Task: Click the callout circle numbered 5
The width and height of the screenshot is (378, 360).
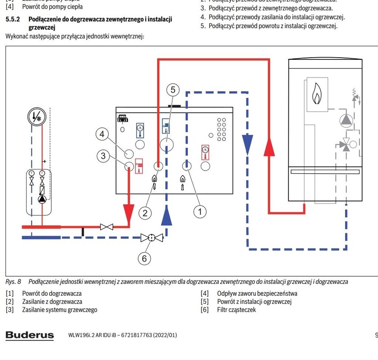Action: click(173, 90)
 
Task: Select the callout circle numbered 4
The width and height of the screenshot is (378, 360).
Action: click(103, 134)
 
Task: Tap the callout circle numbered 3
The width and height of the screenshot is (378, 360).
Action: click(104, 156)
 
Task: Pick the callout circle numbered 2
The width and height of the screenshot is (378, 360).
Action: click(145, 212)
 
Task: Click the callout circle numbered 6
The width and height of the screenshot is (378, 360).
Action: click(144, 258)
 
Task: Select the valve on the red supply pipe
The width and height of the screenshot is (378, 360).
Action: click(107, 227)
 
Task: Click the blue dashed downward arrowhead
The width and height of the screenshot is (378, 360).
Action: click(246, 145)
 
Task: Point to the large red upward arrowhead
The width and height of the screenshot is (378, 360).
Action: click(269, 146)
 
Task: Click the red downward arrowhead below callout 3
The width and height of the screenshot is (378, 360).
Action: click(128, 212)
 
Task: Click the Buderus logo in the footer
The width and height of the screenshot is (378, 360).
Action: click(30, 335)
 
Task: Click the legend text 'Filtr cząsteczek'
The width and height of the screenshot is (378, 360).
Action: click(236, 310)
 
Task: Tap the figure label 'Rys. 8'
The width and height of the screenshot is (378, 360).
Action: click(14, 282)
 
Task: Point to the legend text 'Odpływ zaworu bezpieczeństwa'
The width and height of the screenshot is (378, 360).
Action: click(257, 294)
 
